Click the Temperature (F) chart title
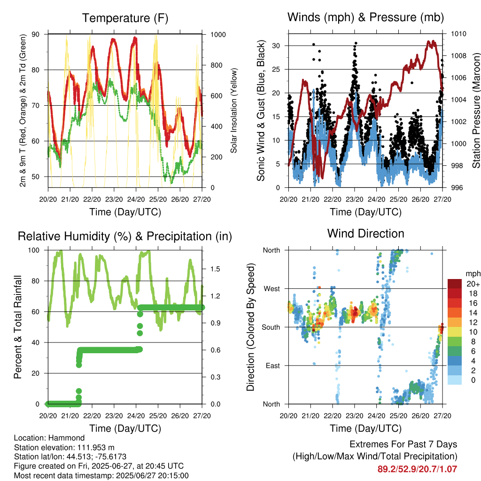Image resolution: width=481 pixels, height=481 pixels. pyautogui.click(x=125, y=18)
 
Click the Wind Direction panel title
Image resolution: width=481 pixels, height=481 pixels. pyautogui.click(x=365, y=233)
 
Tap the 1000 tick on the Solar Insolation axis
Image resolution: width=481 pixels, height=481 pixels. pyautogui.click(x=218, y=35)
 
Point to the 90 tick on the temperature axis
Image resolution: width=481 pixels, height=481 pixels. pyautogui.click(x=36, y=34)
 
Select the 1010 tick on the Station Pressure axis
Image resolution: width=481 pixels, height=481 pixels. pyautogui.click(x=458, y=34)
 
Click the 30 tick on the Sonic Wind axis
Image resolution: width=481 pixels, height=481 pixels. pyautogui.click(x=276, y=46)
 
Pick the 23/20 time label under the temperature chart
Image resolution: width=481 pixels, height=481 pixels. pyautogui.click(x=114, y=199)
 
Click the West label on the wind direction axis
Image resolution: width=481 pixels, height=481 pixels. pyautogui.click(x=272, y=289)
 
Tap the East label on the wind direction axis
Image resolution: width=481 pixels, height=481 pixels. pyautogui.click(x=273, y=365)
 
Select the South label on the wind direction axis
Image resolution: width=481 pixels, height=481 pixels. pyautogui.click(x=271, y=327)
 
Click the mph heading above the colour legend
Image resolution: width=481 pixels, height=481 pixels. pyautogui.click(x=473, y=274)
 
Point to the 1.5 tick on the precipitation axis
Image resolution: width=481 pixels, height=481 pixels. pyautogui.click(x=215, y=269)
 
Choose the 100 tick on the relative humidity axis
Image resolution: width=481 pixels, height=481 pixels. pyautogui.click(x=34, y=250)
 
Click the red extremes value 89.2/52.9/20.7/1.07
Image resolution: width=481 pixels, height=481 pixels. pyautogui.click(x=417, y=469)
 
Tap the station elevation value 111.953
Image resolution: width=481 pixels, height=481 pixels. pyautogui.click(x=91, y=448)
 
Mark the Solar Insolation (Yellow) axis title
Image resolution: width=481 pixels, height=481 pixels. pyautogui.click(x=234, y=110)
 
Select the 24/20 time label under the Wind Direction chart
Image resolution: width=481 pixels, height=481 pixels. pyautogui.click(x=376, y=416)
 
